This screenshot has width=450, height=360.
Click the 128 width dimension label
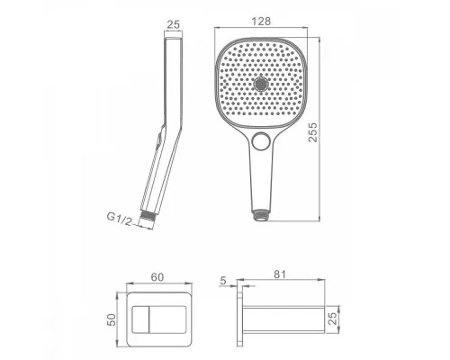point(261,22)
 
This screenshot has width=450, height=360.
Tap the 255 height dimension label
point(312,132)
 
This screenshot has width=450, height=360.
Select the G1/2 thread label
point(120,219)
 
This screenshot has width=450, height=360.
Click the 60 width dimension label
point(157,277)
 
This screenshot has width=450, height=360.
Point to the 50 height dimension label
point(111,319)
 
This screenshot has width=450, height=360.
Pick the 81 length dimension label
point(280,274)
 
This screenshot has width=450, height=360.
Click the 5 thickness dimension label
point(223,281)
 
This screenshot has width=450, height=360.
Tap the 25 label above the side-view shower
point(174,24)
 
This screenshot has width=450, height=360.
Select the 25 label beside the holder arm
point(333,318)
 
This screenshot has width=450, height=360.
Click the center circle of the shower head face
point(261,84)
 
